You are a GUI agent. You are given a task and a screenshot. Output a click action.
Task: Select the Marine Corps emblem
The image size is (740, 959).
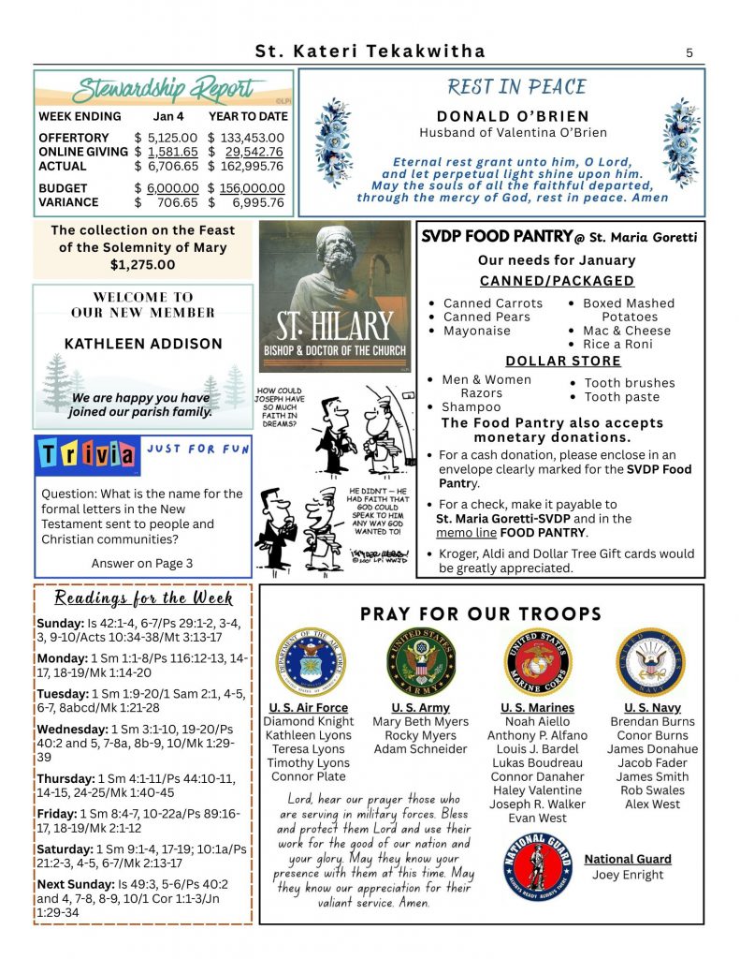click(x=538, y=661)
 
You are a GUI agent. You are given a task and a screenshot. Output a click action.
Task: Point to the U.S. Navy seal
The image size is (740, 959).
click(x=651, y=661)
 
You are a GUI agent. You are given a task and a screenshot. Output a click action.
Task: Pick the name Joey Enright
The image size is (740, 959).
click(x=628, y=875)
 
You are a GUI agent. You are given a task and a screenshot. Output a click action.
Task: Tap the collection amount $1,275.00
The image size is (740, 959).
click(x=142, y=265)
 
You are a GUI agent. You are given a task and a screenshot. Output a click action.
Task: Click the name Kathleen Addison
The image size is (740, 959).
click(x=143, y=344)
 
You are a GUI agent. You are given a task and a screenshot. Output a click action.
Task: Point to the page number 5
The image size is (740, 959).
click(x=689, y=52)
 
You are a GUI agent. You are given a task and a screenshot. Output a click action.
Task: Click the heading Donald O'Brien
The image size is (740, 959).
click(x=527, y=116)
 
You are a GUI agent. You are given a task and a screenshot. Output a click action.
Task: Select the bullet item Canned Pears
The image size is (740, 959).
click(x=486, y=317)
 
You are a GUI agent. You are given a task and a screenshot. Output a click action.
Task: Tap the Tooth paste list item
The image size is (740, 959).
click(x=621, y=397)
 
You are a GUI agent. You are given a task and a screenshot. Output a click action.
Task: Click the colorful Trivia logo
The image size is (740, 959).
click(x=87, y=455)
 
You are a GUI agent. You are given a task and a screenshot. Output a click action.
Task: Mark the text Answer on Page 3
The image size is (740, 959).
click(x=142, y=563)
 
